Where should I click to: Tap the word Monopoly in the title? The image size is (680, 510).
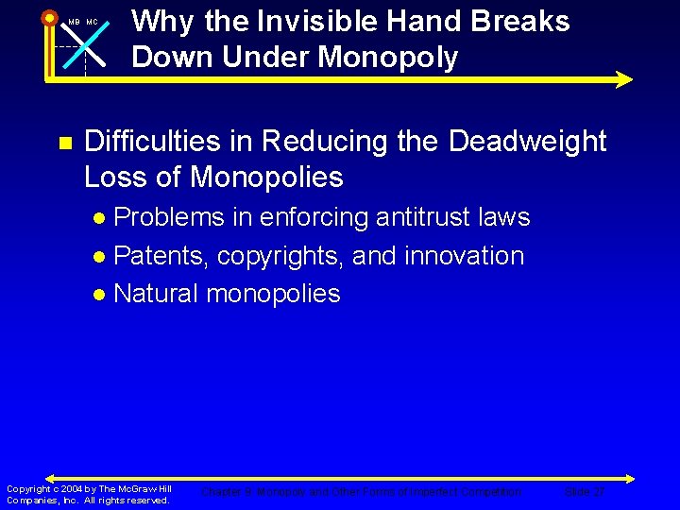point(388,58)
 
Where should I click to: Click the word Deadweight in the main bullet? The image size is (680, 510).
point(527,142)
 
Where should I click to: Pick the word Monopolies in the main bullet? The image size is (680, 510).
point(266,177)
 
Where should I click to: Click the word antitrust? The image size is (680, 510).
point(411,217)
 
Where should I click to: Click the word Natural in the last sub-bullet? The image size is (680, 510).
point(156,294)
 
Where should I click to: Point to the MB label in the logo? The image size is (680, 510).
point(74,23)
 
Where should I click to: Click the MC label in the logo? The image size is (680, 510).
point(93,23)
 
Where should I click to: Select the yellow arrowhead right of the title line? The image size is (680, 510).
point(623,79)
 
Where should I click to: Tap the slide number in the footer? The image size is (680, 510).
point(585,492)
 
